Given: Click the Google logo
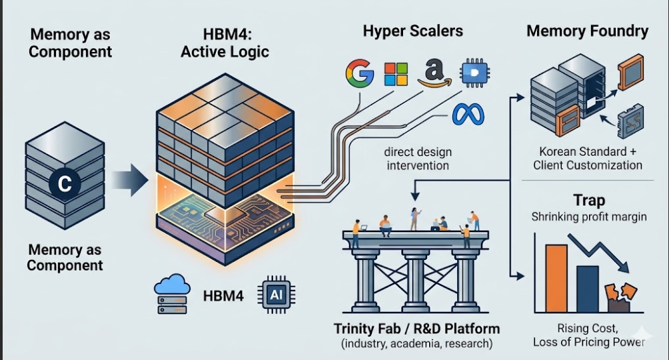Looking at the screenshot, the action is pyautogui.click(x=360, y=73).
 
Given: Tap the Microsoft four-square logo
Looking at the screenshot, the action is pyautogui.click(x=396, y=74).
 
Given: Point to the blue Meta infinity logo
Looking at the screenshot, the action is pyautogui.click(x=468, y=114).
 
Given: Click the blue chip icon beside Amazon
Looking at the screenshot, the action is pyautogui.click(x=475, y=73).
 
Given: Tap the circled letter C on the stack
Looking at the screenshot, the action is pyautogui.click(x=65, y=183).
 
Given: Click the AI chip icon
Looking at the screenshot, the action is pyautogui.click(x=276, y=295).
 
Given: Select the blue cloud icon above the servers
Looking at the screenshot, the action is pyautogui.click(x=172, y=285).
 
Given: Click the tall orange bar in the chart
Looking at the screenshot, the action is pyautogui.click(x=556, y=278).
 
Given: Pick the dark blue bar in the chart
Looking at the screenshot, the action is pyautogui.click(x=588, y=289).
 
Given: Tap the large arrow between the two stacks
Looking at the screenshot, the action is pyautogui.click(x=130, y=180).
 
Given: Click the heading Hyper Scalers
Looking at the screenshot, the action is pyautogui.click(x=412, y=31).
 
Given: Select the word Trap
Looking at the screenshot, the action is pyautogui.click(x=589, y=200).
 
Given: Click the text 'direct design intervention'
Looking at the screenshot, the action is pyautogui.click(x=418, y=159).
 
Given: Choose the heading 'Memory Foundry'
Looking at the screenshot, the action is pyautogui.click(x=587, y=31).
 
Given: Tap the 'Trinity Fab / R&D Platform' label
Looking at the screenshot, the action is pyautogui.click(x=416, y=329).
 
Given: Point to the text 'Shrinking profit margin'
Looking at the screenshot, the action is pyautogui.click(x=589, y=217).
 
